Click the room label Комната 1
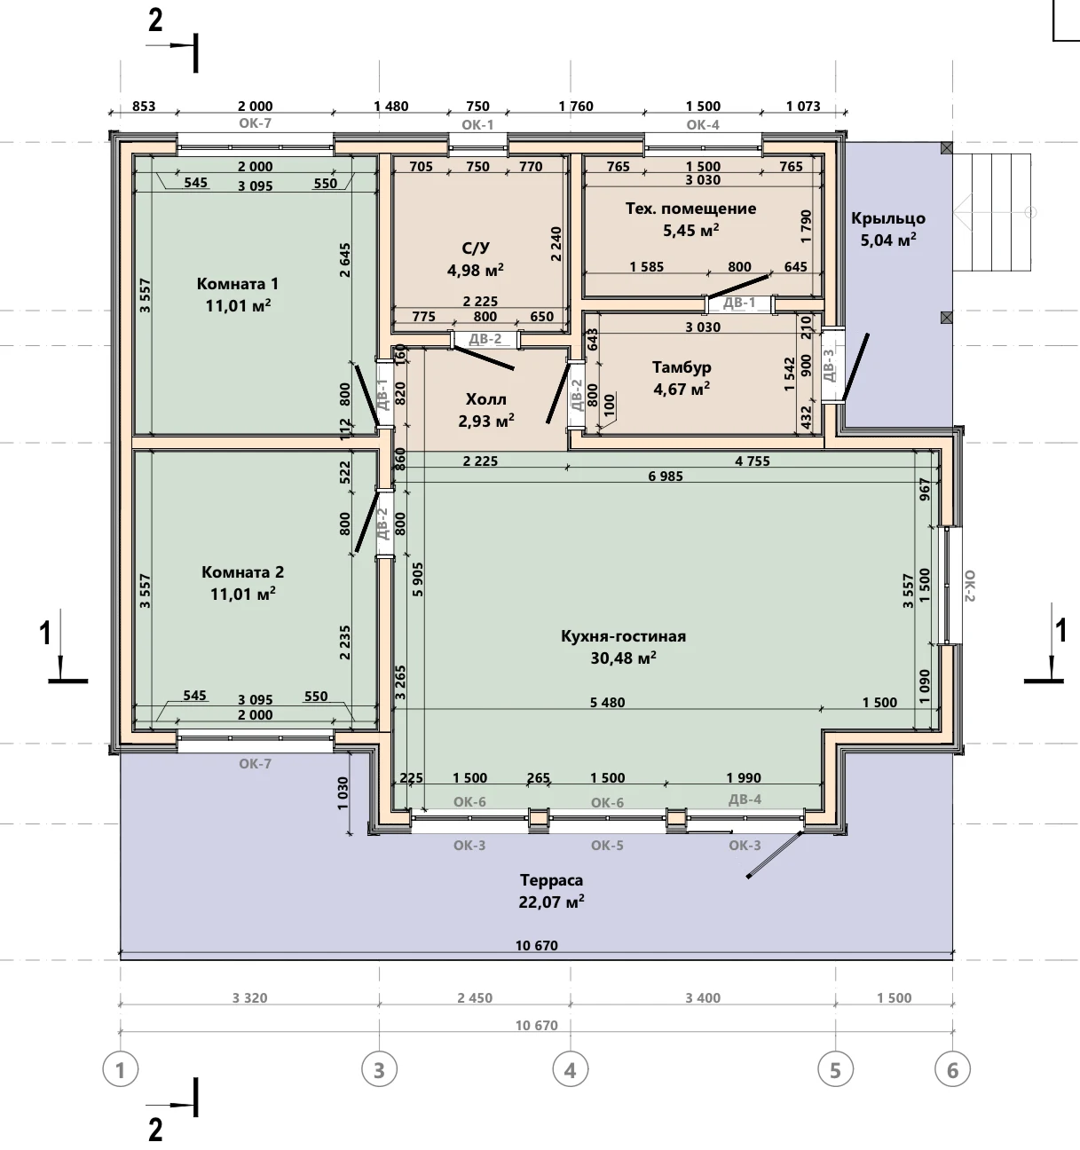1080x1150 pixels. tap(238, 284)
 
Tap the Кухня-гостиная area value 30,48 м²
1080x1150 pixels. tap(624, 658)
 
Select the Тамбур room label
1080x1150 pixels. tap(682, 367)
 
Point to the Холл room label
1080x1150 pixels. tap(486, 399)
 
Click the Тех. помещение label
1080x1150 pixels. tap(690, 209)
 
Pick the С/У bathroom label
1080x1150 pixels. tap(476, 248)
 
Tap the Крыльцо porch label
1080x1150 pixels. tap(888, 218)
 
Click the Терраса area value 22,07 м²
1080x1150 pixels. tap(552, 902)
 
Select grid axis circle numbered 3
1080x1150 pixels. tap(380, 1070)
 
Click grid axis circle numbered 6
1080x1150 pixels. tap(952, 1070)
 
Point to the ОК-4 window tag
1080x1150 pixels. tap(703, 124)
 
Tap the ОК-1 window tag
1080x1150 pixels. tap(478, 124)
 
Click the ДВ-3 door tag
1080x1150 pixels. tap(829, 365)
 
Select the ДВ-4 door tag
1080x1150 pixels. tap(745, 799)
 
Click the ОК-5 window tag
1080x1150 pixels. tap(607, 846)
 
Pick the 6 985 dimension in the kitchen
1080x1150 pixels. tap(666, 476)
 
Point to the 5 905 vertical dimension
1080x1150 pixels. tap(418, 579)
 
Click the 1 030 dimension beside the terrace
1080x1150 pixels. tap(343, 792)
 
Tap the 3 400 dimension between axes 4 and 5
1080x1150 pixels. tap(703, 997)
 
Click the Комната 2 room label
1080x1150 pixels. tap(243, 572)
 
